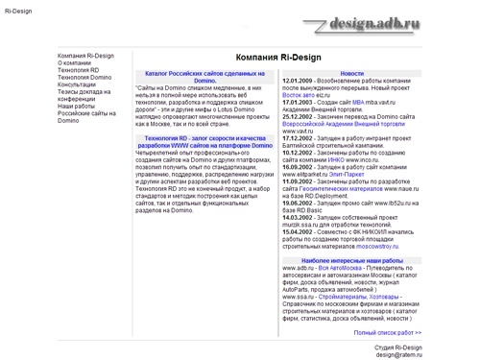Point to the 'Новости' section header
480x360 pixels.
[x=351, y=73]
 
